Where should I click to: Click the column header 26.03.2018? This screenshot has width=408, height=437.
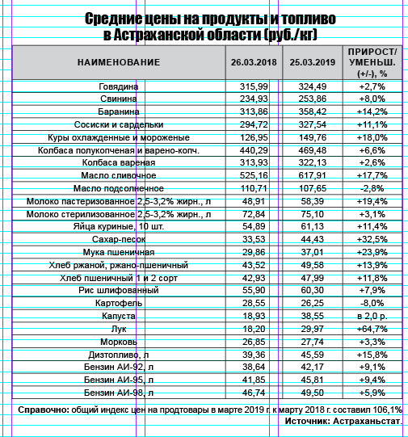pyautogui.click(x=254, y=62)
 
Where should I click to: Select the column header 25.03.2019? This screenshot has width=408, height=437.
pyautogui.click(x=312, y=62)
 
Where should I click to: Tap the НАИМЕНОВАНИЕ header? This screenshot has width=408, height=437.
pyautogui.click(x=119, y=62)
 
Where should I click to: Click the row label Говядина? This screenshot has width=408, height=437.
pyautogui.click(x=119, y=86)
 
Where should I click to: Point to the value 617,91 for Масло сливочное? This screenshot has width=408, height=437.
pyautogui.click(x=312, y=175)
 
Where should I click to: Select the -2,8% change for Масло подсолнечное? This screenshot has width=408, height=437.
pyautogui.click(x=372, y=188)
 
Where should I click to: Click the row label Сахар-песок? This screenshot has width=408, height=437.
pyautogui.click(x=119, y=239)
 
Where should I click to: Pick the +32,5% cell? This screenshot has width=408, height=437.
pyautogui.click(x=372, y=239)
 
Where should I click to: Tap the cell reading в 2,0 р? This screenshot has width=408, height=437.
pyautogui.click(x=372, y=316)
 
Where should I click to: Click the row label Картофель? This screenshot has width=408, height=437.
pyautogui.click(x=119, y=303)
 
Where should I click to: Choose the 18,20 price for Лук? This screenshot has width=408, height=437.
pyautogui.click(x=254, y=329)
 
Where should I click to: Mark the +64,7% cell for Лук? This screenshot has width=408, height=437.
pyautogui.click(x=372, y=329)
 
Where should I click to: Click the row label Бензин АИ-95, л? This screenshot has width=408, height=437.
pyautogui.click(x=119, y=380)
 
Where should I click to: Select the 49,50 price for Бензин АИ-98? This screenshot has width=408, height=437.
pyautogui.click(x=312, y=393)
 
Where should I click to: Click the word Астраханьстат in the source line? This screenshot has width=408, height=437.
pyautogui.click(x=367, y=421)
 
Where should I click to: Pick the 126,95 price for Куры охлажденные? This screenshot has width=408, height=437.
pyautogui.click(x=254, y=137)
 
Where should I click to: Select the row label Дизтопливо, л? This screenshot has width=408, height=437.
pyautogui.click(x=119, y=355)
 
